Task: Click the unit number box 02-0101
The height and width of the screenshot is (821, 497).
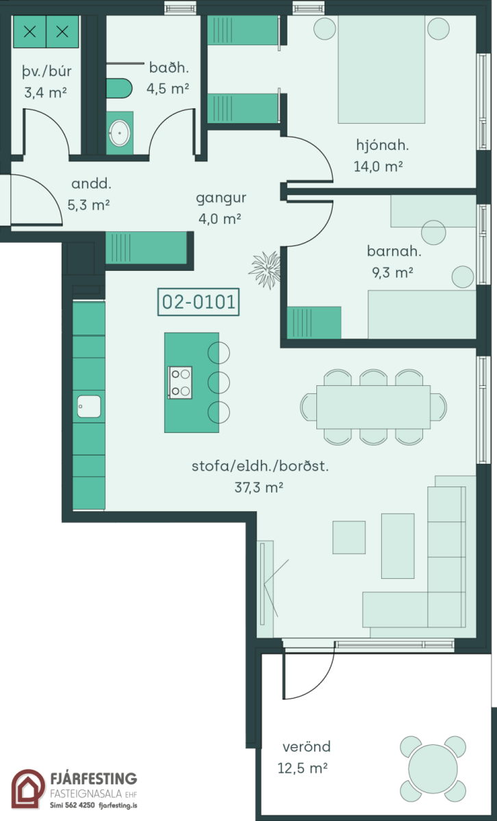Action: (x=199, y=302)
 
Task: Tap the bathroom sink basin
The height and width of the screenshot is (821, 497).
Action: (x=119, y=133)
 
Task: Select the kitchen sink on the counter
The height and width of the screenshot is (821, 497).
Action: (x=89, y=406)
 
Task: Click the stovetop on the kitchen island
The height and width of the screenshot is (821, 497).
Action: (x=180, y=382)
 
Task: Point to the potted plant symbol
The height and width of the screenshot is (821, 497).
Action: (x=266, y=270)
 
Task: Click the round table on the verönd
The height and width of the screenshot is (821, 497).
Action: (x=433, y=769)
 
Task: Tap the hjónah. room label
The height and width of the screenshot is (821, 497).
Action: (x=383, y=145)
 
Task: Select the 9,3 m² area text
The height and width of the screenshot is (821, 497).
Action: (x=393, y=272)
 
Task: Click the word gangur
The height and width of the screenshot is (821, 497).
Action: (x=221, y=198)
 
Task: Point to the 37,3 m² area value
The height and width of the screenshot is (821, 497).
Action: (x=259, y=487)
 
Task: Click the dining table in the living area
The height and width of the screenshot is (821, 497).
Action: (x=373, y=407)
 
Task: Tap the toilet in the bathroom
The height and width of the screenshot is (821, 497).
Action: (x=119, y=88)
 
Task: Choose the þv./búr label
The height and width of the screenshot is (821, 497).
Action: (x=47, y=71)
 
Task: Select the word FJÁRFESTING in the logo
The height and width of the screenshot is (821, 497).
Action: (x=94, y=779)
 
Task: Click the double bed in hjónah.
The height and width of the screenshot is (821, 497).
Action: (x=381, y=69)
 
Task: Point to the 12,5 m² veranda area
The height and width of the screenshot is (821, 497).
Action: (x=302, y=768)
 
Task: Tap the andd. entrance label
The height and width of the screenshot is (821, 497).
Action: (x=91, y=183)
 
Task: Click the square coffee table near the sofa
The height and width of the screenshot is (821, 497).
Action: (x=349, y=537)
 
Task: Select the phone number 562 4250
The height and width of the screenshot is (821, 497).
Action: (x=80, y=805)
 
